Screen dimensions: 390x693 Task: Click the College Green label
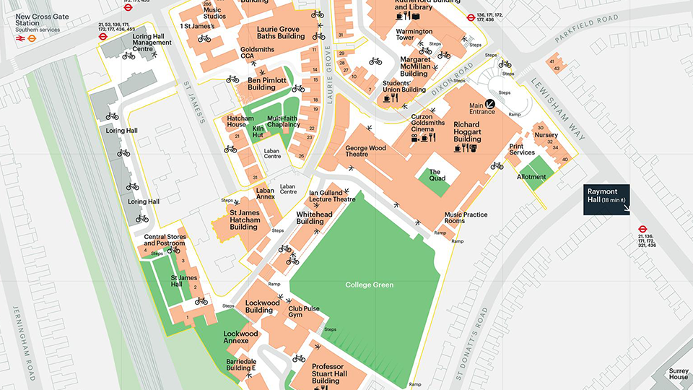pos(369,285)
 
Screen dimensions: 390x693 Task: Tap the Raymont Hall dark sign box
pos(607,200)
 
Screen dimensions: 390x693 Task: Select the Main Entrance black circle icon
pos(490,104)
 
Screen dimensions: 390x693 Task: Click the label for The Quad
pos(437,174)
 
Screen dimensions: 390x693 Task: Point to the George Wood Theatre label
pos(366,151)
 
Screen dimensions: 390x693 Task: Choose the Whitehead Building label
pos(315,217)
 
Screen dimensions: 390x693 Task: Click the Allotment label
pos(531,177)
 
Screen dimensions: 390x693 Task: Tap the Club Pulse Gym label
pos(303,311)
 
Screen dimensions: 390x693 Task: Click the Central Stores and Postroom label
pos(165,240)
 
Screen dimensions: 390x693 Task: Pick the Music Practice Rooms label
pos(466,217)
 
